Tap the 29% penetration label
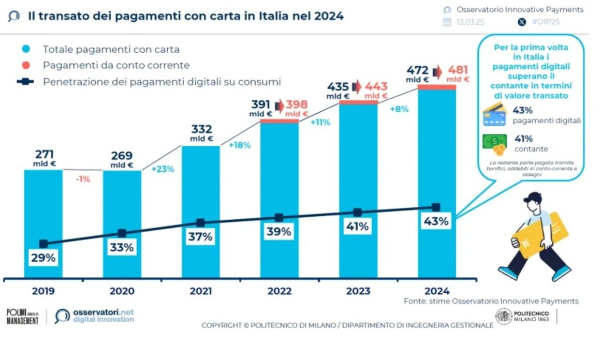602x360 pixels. tap(43, 258)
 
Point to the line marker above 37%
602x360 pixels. tap(200, 223)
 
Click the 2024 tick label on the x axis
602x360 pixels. tap(436, 291)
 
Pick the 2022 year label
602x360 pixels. tap(280, 291)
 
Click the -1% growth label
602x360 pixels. tap(82, 179)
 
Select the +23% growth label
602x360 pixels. tap(163, 169)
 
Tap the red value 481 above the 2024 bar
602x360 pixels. tap(458, 70)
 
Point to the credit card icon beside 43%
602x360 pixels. tap(494, 115)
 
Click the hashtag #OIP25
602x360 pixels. tap(544, 22)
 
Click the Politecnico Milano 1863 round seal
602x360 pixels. tap(503, 316)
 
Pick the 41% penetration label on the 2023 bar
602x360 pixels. tap(357, 227)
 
